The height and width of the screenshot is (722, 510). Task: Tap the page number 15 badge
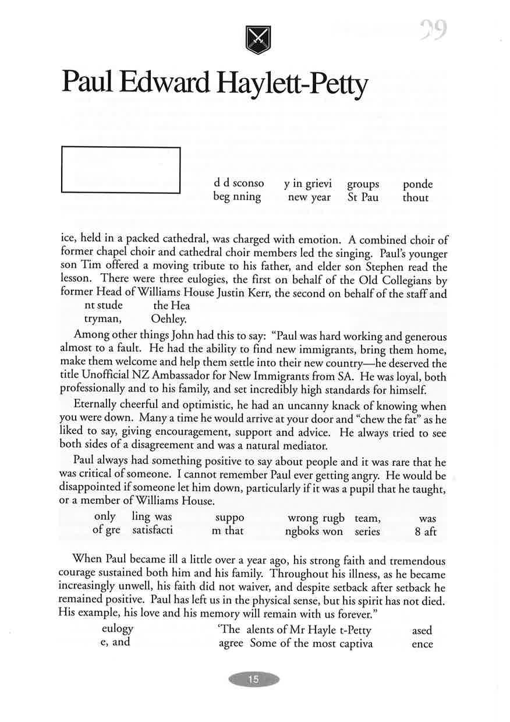click(254, 679)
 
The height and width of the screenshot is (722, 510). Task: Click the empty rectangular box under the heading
click(121, 169)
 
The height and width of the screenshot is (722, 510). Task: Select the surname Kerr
click(257, 294)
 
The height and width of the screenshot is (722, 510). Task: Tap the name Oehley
click(168, 318)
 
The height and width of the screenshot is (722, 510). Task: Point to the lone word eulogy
click(118, 629)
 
